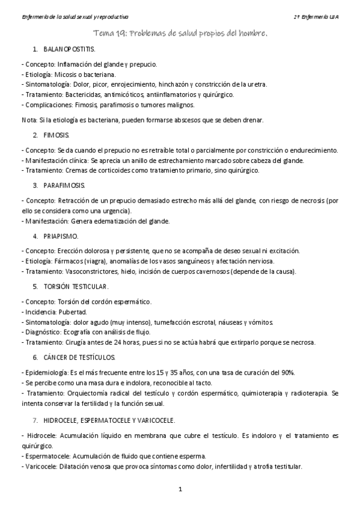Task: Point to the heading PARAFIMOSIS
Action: pos(64,184)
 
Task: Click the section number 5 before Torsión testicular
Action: pos(35,287)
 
